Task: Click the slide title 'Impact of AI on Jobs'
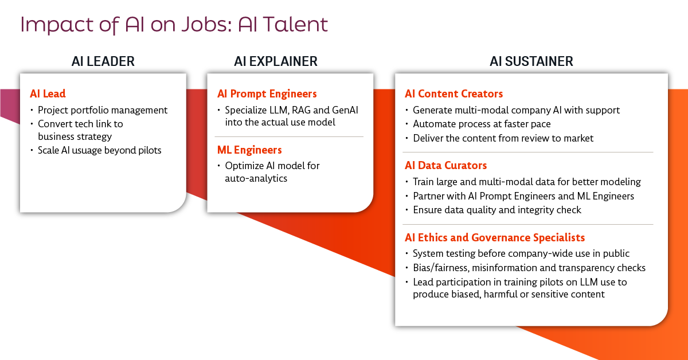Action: [x=126, y=25]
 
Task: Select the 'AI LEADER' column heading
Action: [x=103, y=61]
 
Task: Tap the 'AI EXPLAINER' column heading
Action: [x=276, y=61]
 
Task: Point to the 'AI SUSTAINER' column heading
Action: [x=531, y=61]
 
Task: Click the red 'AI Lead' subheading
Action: [x=48, y=93]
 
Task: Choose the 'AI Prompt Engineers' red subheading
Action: [x=267, y=94]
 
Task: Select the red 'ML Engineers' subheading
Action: [x=249, y=150]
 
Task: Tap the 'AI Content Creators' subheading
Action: [x=454, y=93]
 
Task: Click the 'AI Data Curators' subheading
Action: [x=445, y=166]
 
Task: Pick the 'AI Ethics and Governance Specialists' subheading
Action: [x=494, y=238]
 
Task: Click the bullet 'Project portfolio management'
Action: [x=103, y=110]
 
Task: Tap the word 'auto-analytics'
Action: [x=256, y=178]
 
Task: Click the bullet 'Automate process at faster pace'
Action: [x=482, y=124]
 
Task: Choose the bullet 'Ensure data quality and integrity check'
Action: [x=497, y=210]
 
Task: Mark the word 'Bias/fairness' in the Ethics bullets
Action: [x=441, y=268]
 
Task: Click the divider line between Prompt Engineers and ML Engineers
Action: [x=289, y=136]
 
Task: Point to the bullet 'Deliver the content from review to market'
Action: [x=503, y=139]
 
